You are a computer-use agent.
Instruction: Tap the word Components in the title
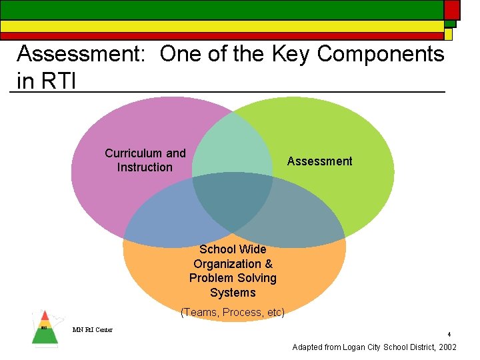point(380,55)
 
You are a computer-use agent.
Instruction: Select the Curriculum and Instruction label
point(145,161)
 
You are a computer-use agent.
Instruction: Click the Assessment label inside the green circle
point(319,161)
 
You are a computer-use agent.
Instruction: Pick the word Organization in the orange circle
point(233,264)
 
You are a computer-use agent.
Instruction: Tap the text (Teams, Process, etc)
point(233,312)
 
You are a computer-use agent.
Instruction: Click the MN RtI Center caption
point(93,329)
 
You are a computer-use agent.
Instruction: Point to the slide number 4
point(449,335)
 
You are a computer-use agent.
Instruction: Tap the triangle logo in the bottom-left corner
point(45,328)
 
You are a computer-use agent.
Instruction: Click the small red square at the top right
point(452,9)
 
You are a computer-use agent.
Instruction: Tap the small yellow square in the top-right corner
point(449,34)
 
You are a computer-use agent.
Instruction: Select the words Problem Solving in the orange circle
point(233,278)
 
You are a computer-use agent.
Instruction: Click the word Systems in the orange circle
point(233,293)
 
